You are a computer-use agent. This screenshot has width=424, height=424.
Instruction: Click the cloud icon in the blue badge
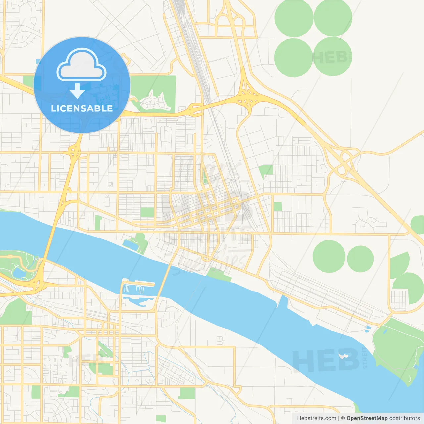(x=81, y=65)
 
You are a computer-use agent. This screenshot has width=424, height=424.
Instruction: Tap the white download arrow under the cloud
(x=77, y=91)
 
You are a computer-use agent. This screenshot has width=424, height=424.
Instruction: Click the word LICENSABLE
(x=82, y=108)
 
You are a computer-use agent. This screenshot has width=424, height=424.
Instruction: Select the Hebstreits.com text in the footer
(x=316, y=418)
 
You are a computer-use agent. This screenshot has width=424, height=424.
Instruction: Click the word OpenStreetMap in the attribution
(x=367, y=418)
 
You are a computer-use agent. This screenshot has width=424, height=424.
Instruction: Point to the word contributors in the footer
(x=404, y=418)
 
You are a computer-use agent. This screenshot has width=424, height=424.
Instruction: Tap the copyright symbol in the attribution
(x=343, y=418)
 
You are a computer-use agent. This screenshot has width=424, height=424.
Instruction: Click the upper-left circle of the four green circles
(x=293, y=17)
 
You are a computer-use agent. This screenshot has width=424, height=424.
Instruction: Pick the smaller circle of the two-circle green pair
(x=360, y=259)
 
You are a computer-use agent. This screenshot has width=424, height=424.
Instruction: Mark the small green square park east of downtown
(x=278, y=207)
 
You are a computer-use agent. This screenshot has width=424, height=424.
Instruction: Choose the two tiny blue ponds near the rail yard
(x=368, y=328)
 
